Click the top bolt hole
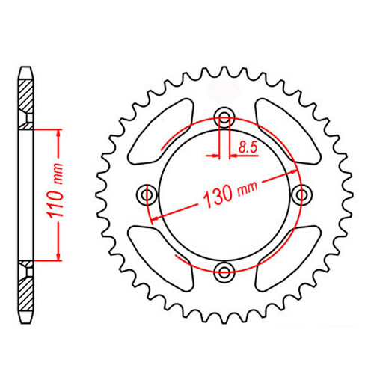[x=224, y=117]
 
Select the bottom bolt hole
[x=224, y=271]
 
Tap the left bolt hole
[x=147, y=194]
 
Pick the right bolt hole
[x=301, y=194]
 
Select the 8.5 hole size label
[x=248, y=149]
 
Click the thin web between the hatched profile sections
[x=25, y=194]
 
